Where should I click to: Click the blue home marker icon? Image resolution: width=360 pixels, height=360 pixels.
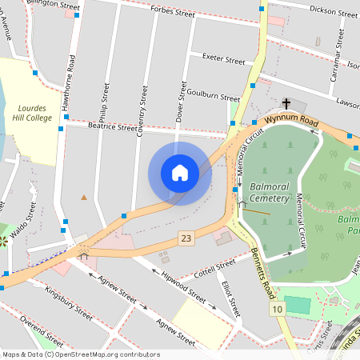click(x=180, y=174)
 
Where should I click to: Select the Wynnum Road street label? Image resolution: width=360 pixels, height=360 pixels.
click(x=291, y=119)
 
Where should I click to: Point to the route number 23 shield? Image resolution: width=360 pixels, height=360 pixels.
click(x=186, y=238)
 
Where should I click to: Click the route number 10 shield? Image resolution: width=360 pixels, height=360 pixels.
click(x=277, y=309)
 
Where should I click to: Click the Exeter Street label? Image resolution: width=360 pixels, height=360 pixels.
click(x=224, y=59)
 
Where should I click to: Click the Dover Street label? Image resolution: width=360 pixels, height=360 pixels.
click(x=180, y=104)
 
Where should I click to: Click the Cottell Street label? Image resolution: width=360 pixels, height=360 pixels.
click(x=215, y=266)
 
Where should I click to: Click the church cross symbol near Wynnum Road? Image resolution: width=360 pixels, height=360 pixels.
click(x=286, y=103)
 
